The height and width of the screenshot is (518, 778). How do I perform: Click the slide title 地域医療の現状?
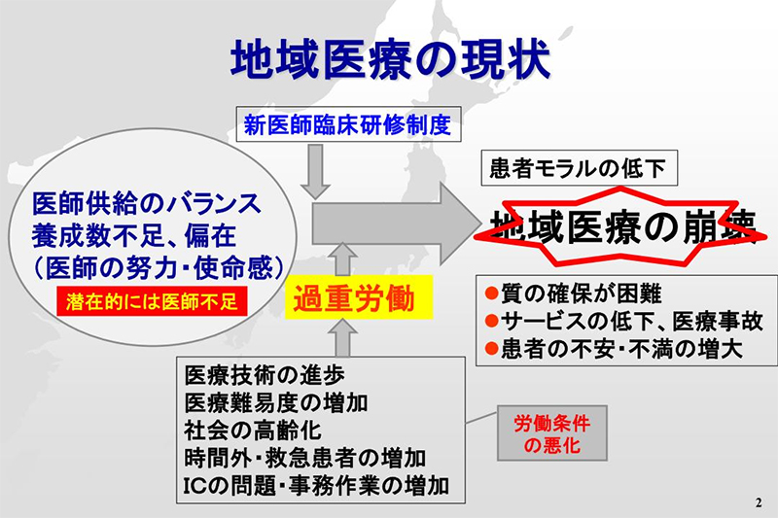click(391, 60)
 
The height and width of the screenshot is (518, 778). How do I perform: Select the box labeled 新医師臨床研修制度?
click(348, 124)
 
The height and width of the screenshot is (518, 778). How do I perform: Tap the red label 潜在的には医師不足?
click(152, 300)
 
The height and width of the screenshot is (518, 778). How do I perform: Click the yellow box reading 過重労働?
click(359, 297)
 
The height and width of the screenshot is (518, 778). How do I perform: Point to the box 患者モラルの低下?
click(579, 168)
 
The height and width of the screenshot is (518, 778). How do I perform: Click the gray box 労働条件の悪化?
click(552, 433)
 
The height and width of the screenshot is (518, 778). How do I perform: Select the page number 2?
click(759, 502)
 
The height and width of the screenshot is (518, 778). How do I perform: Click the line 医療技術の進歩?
click(265, 375)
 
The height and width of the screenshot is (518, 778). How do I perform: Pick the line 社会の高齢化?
click(253, 431)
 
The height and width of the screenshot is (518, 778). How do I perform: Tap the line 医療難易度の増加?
click(276, 402)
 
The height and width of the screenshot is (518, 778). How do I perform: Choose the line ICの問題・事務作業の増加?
click(317, 486)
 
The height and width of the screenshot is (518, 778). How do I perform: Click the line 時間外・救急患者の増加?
click(304, 458)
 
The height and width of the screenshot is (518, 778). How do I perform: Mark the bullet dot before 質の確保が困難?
click(491, 294)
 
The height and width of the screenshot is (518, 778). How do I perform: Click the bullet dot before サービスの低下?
click(491, 322)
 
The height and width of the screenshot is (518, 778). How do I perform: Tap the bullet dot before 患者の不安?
click(491, 349)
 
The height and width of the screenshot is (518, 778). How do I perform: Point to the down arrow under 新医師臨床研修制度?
click(315, 171)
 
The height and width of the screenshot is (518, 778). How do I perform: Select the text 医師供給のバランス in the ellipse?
click(147, 203)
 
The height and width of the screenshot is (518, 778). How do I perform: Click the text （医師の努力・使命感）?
click(159, 268)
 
